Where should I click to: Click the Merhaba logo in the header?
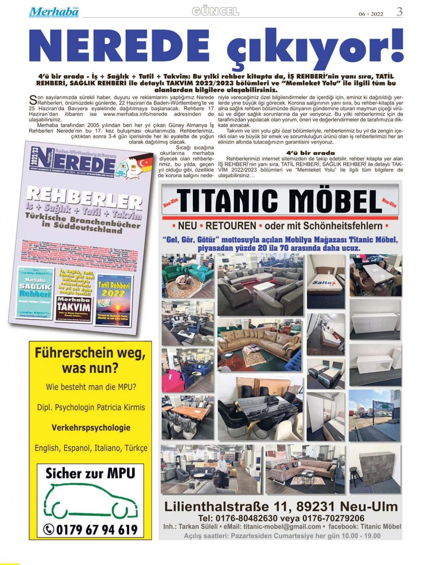[53, 12]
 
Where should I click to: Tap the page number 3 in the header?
[399, 12]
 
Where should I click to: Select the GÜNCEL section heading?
[215, 11]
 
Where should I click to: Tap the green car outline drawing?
[90, 502]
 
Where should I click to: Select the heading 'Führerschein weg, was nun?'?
[90, 360]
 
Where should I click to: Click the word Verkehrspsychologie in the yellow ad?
[91, 428]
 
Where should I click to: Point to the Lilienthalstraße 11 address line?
[281, 506]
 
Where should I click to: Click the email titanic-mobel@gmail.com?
[282, 527]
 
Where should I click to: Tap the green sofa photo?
[187, 275]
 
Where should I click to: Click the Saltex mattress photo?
[326, 281]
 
